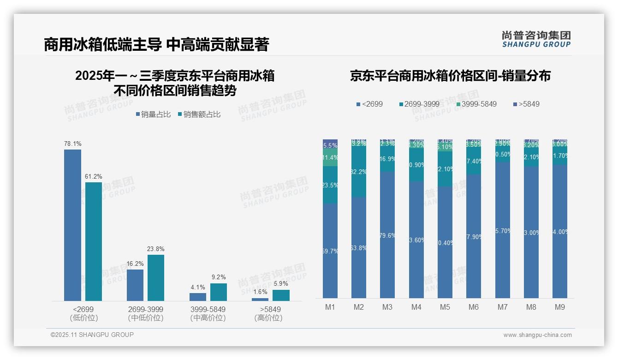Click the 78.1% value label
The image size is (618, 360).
pos(72,144)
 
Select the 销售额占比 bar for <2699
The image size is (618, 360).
pos(94,241)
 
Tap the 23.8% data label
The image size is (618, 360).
pos(156,249)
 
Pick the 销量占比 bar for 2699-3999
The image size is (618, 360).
pos(135,285)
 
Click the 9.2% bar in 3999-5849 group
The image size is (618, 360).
pos(219,292)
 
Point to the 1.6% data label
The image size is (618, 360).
pos(260,292)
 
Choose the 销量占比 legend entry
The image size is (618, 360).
pos(153,114)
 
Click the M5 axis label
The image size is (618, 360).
pos(445,307)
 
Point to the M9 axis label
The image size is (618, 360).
pos(559,307)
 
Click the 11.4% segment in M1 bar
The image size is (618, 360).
pos(330,157)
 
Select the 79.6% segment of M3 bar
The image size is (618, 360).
pos(387,235)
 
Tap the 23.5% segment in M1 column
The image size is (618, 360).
pos(330,185)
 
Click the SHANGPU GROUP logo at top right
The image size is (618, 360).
pos(536,39)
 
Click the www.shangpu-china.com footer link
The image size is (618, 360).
pos(537,335)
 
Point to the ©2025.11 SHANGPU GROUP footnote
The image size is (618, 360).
pos(92,335)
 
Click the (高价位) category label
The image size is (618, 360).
pos(268,318)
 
